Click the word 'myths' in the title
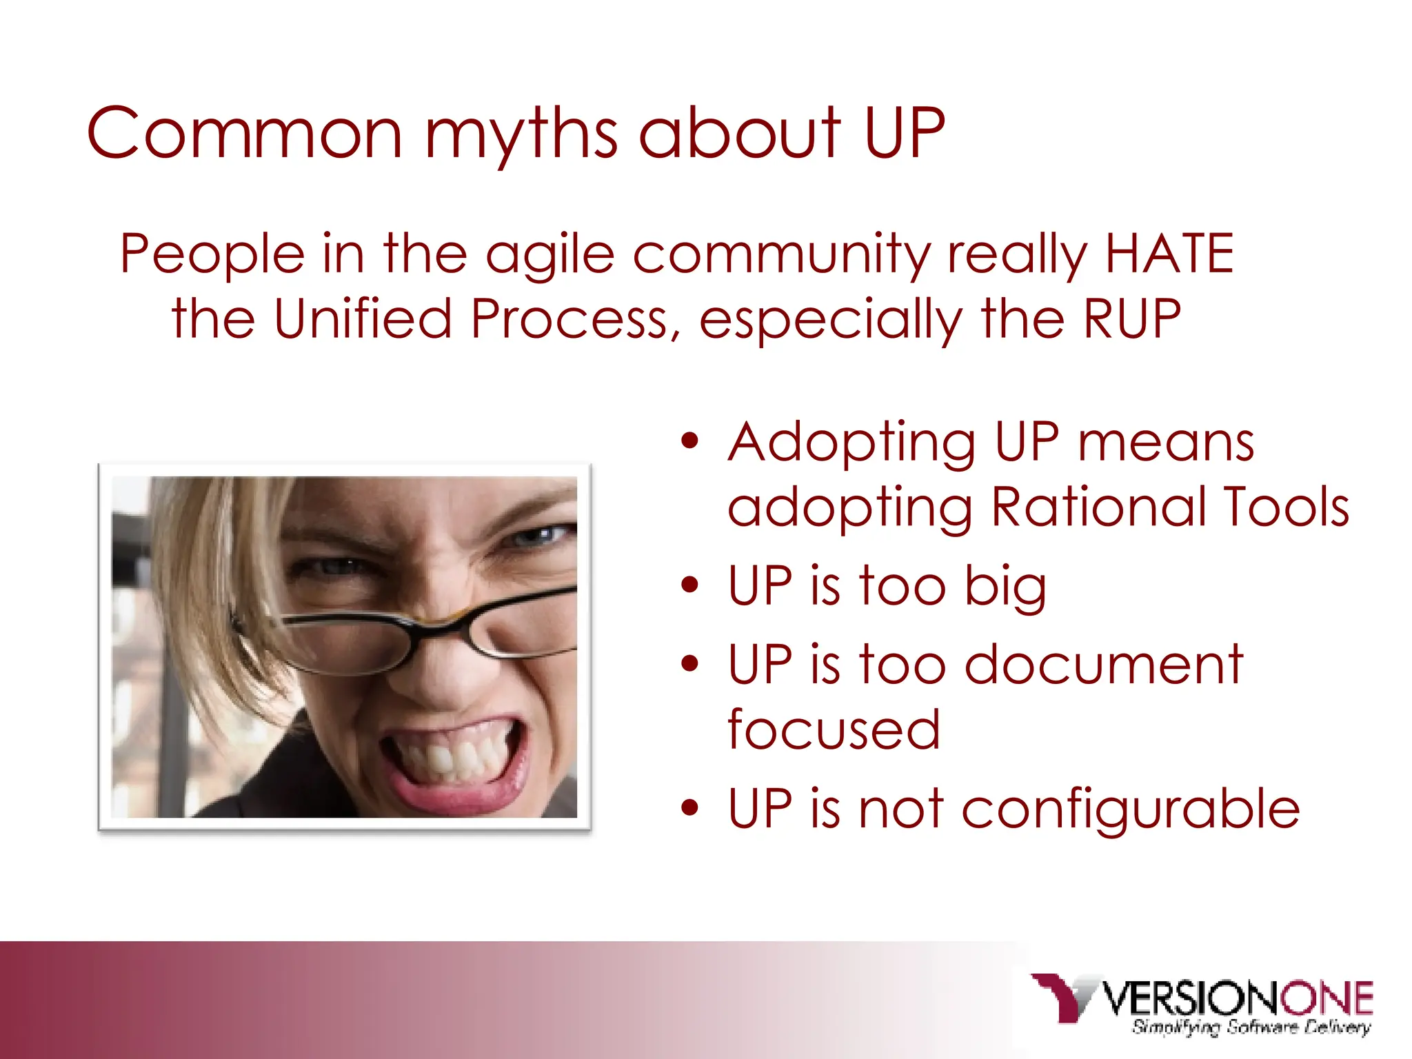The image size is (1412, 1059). click(x=521, y=134)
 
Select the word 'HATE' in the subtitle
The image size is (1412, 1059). click(x=1169, y=254)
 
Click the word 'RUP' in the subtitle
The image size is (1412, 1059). click(x=1132, y=319)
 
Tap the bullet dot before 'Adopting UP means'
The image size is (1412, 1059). click(x=689, y=441)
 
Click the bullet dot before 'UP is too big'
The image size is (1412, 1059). click(x=689, y=585)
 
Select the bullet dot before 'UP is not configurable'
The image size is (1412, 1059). click(x=689, y=807)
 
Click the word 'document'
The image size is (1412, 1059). click(x=1103, y=665)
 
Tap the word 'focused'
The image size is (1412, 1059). click(x=834, y=729)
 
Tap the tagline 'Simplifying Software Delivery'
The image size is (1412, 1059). click(x=1251, y=1028)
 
